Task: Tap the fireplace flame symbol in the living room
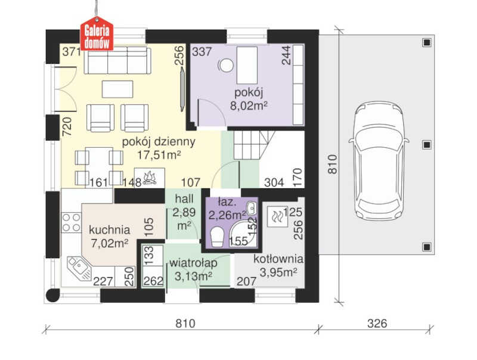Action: pos(149,178)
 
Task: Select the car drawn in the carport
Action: pos(379,162)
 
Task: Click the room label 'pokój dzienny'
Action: pos(159,142)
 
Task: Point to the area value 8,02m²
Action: pos(249,106)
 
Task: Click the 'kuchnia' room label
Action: pos(110,230)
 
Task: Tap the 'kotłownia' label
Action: pos(278,259)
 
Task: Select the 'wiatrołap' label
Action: pos(193,263)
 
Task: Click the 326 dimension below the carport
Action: pos(377,324)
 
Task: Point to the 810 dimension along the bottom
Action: pos(185,324)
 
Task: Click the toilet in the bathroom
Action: pos(217,237)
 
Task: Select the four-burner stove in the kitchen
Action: pos(72,222)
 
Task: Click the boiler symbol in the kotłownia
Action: pos(277,217)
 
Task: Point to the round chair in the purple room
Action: pos(226,65)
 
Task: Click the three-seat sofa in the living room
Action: pos(117,60)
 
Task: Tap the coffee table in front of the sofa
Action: pos(117,89)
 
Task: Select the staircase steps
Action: pos(253,145)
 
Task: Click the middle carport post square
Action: pos(427,145)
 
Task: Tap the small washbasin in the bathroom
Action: pos(252,208)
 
